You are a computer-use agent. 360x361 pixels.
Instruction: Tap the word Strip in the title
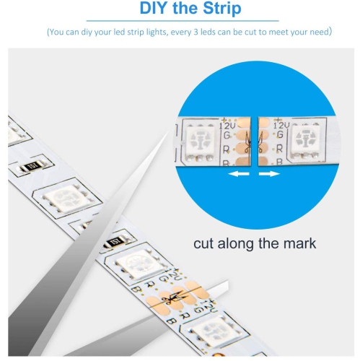tap(218, 9)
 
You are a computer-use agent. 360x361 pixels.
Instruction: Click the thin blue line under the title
tap(180, 22)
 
